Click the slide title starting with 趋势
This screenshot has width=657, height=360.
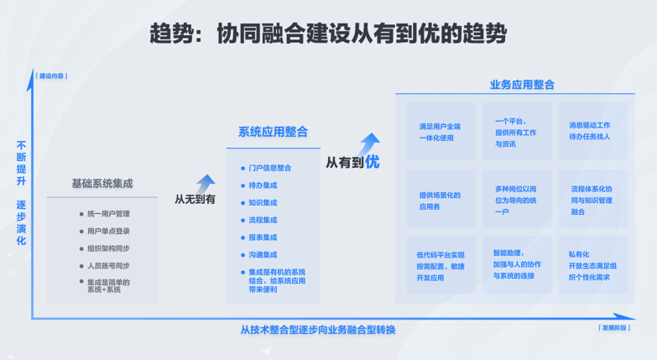click(x=328, y=34)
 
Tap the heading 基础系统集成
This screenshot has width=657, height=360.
click(x=102, y=184)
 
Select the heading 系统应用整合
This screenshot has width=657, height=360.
click(x=274, y=132)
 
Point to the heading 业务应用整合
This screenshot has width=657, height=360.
click(x=522, y=85)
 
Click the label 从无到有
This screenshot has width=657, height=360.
click(x=195, y=199)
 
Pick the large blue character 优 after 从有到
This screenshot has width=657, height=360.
click(x=372, y=161)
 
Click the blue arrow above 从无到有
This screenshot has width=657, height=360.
click(x=206, y=184)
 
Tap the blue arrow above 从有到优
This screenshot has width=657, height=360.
click(x=368, y=143)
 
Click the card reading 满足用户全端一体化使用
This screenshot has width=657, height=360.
click(x=441, y=131)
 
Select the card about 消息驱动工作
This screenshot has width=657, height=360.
click(x=593, y=131)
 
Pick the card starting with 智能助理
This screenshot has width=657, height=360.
click(x=517, y=264)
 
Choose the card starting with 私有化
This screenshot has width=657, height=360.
click(x=593, y=264)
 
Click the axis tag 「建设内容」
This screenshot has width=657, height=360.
click(x=51, y=76)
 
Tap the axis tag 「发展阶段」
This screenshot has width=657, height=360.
click(x=614, y=328)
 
